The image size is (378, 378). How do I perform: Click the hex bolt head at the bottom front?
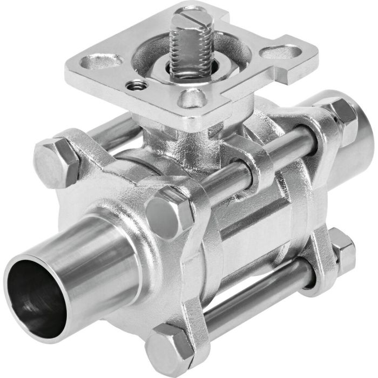point(169,351)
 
